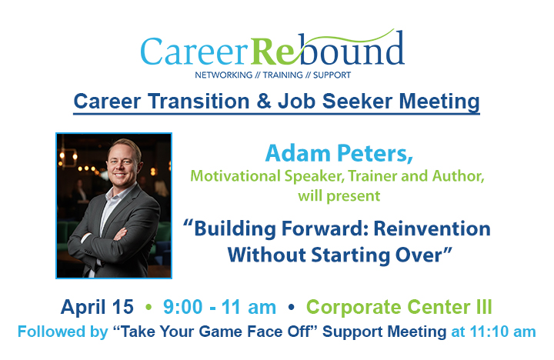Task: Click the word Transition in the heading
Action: (x=196, y=102)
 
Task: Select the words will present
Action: (x=339, y=195)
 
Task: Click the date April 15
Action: (x=97, y=308)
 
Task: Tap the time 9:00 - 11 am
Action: (x=219, y=308)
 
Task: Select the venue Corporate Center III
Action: (x=399, y=308)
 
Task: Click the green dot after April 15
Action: (x=149, y=308)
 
